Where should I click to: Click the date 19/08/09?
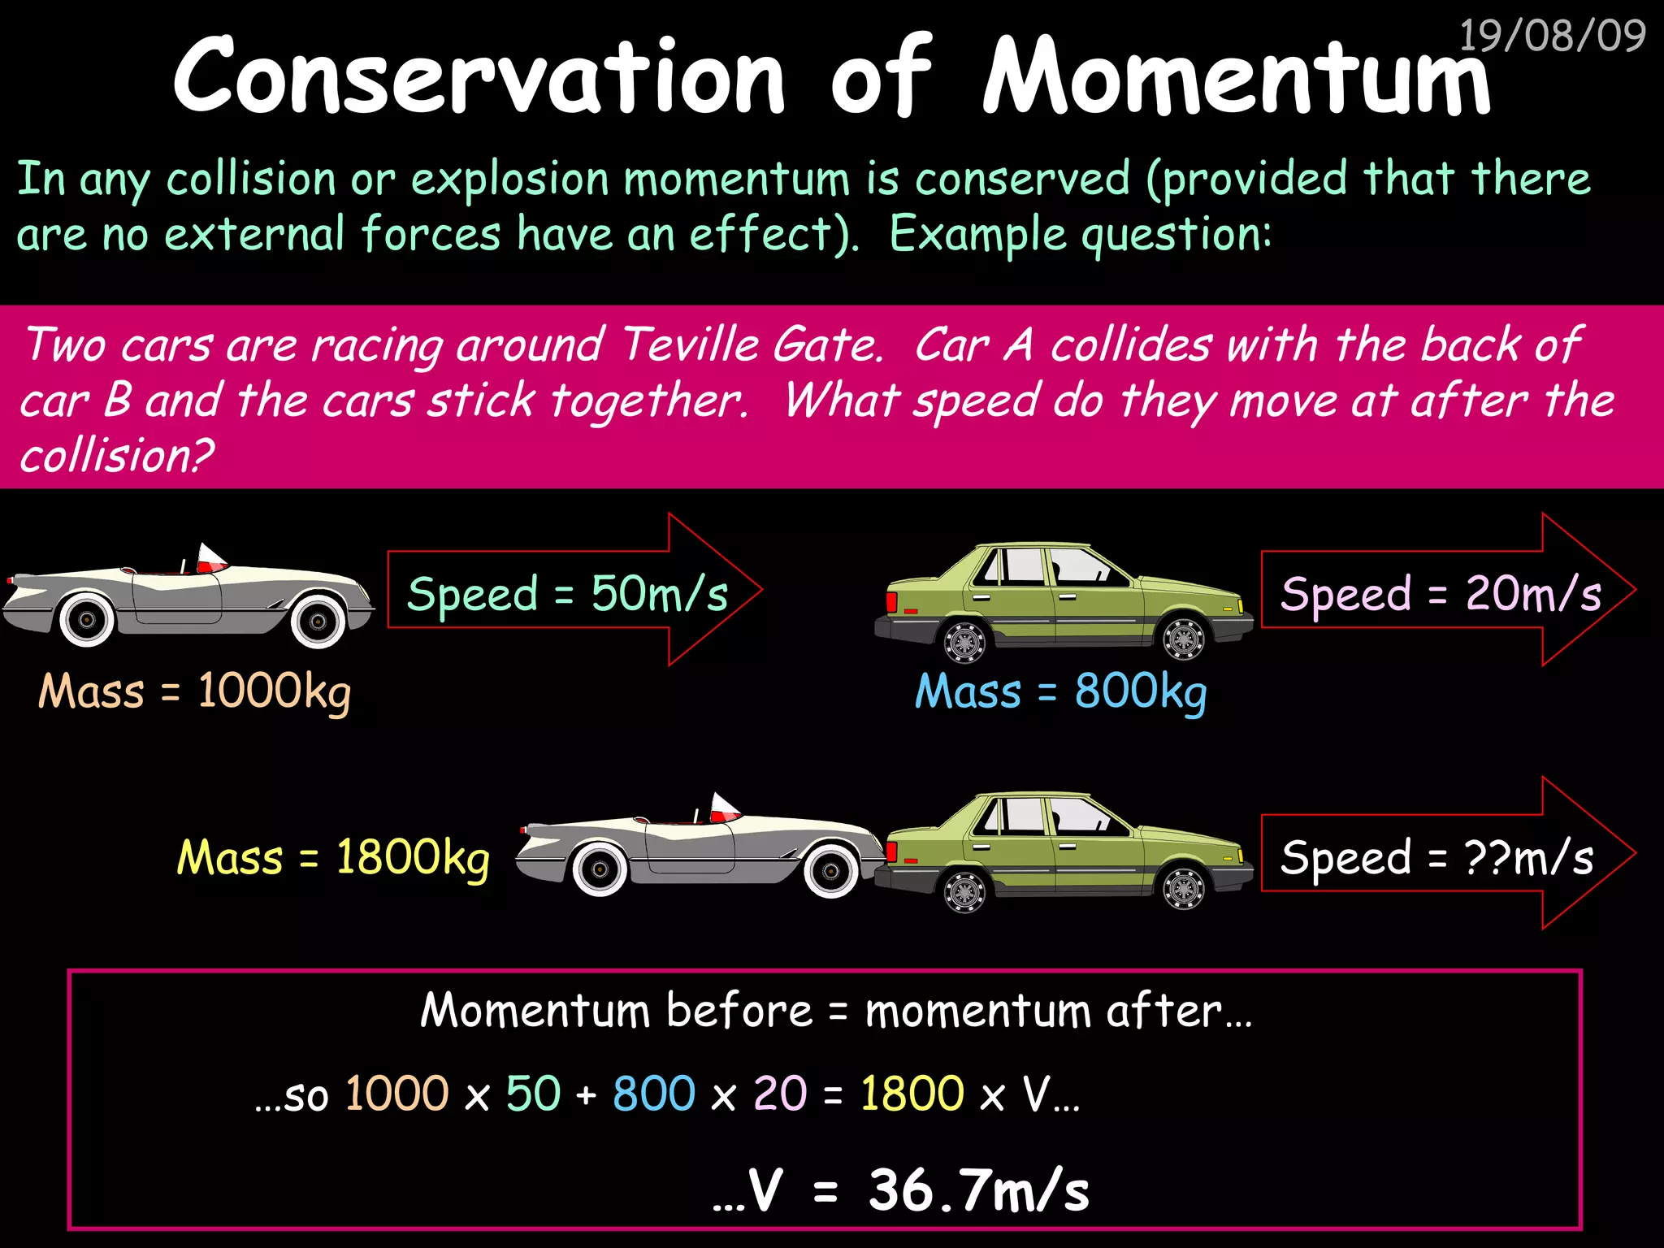click(1552, 36)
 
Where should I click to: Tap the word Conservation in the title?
click(479, 77)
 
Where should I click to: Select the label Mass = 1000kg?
click(195, 692)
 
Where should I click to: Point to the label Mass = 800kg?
click(1060, 692)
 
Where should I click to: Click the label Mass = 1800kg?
click(333, 858)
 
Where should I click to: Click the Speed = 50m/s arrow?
click(569, 591)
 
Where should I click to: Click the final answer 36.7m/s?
click(978, 1191)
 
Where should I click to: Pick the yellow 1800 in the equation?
click(912, 1094)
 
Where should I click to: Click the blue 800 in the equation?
click(654, 1094)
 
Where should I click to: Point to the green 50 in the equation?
click(533, 1094)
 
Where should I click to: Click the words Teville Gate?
click(752, 344)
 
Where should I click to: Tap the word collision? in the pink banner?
click(117, 455)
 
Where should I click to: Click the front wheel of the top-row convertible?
click(318, 622)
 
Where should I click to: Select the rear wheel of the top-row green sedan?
click(964, 641)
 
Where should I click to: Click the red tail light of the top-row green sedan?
click(891, 602)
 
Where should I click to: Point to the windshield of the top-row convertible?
click(210, 557)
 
